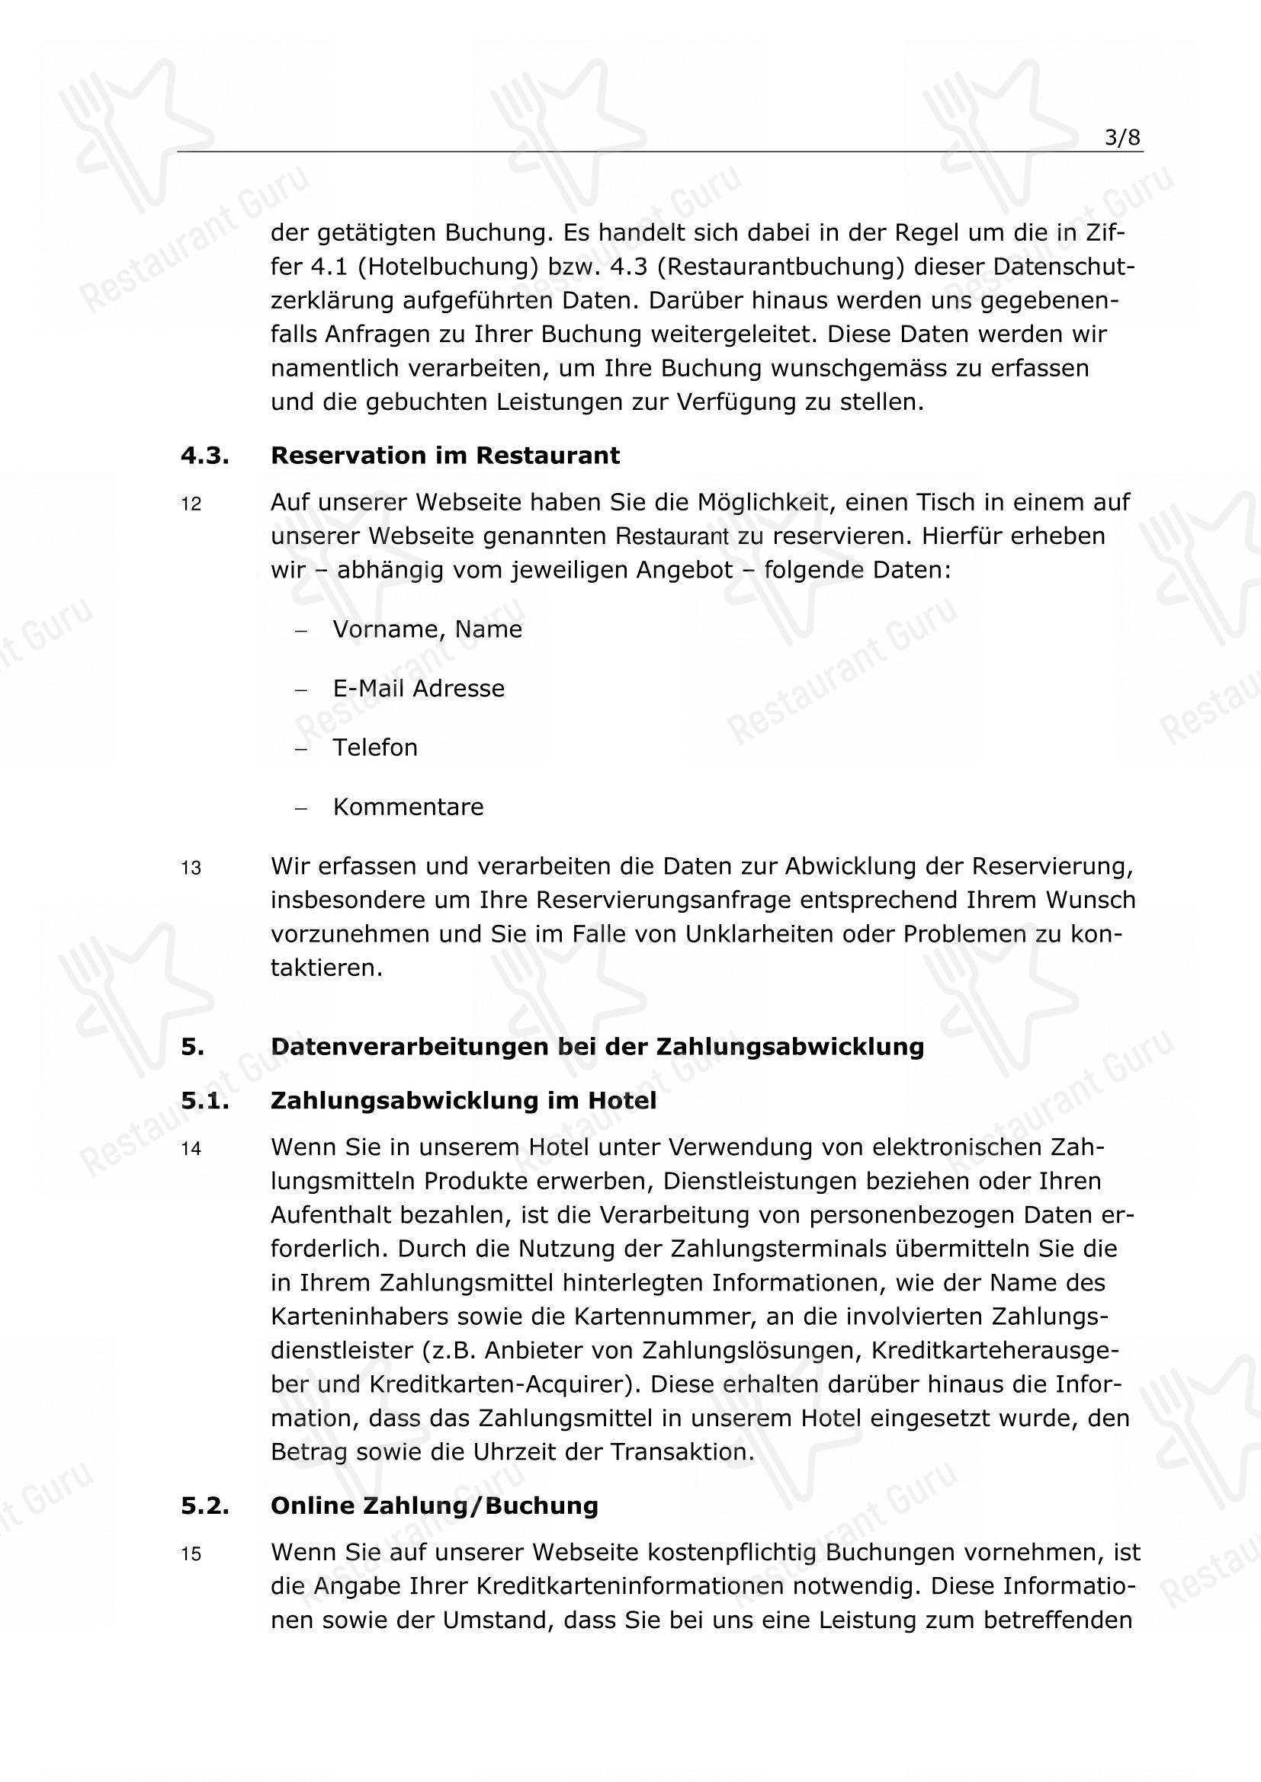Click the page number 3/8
coord(1123,138)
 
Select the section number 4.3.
coord(205,456)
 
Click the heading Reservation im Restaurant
coord(445,456)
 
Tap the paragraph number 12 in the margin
coord(191,504)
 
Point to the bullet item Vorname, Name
coord(427,629)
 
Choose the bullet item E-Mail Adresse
coord(419,689)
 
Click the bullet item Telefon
coord(375,747)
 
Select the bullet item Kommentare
coord(408,807)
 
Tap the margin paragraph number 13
coord(191,869)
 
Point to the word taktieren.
coord(326,968)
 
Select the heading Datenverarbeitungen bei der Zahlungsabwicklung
coord(597,1047)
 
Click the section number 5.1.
coord(205,1101)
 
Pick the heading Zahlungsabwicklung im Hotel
coord(463,1101)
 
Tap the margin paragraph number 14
coord(191,1150)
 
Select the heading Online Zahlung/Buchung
coord(434,1505)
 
